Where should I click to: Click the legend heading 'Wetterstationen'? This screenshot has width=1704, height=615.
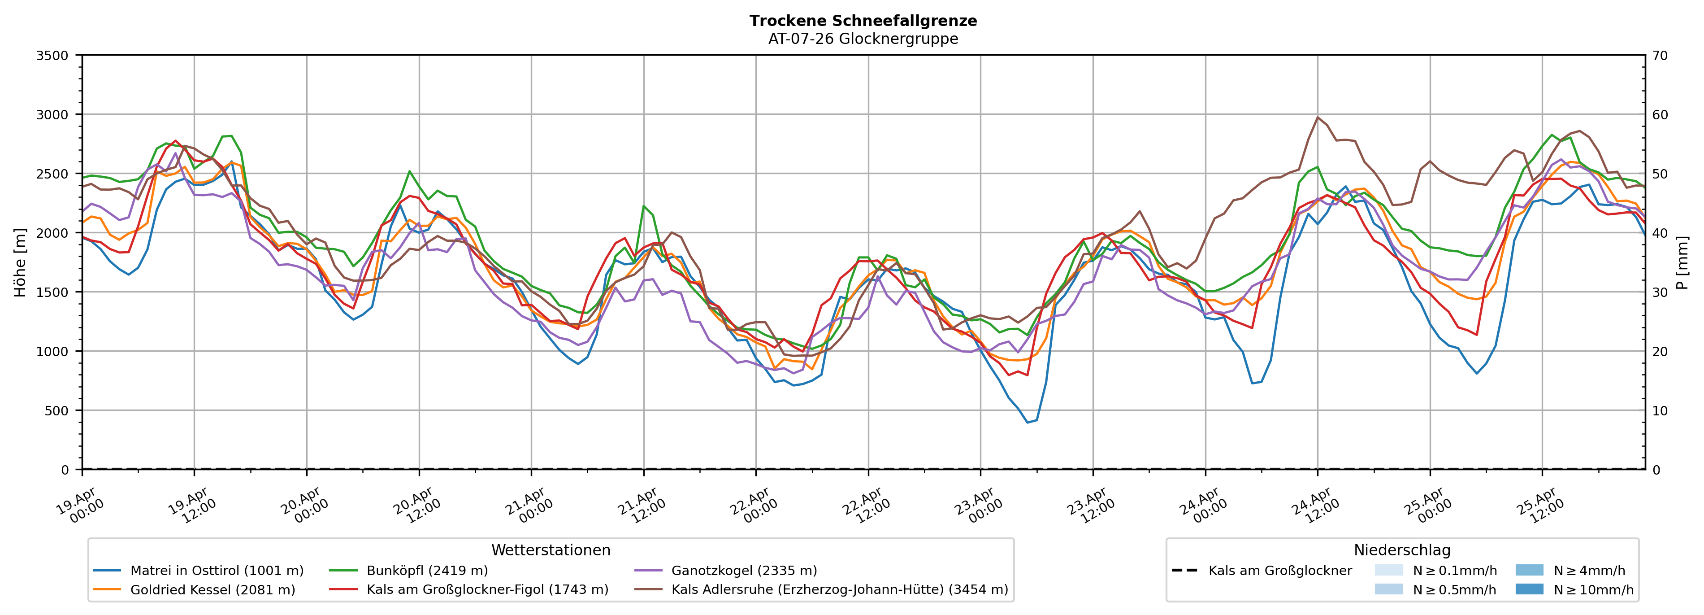click(551, 550)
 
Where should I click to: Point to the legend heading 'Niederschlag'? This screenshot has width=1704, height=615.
click(1402, 550)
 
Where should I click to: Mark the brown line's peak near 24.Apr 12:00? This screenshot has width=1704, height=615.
click(1318, 117)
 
